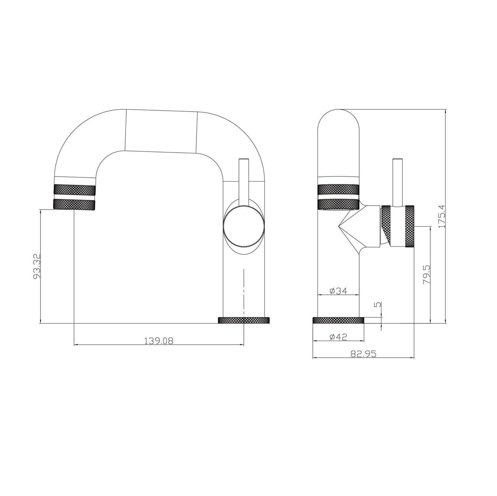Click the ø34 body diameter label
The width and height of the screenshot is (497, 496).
click(x=338, y=291)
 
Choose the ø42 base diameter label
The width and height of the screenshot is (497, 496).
click(x=338, y=337)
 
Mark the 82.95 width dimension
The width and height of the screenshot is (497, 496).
click(x=363, y=354)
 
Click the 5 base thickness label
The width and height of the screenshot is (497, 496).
click(x=379, y=304)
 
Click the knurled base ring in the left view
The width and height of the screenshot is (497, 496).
click(x=244, y=320)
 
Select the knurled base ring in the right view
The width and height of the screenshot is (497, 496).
click(x=338, y=320)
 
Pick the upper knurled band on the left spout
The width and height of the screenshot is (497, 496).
click(x=74, y=190)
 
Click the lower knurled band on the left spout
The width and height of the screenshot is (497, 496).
click(x=74, y=204)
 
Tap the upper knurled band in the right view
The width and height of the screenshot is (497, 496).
click(x=338, y=190)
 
